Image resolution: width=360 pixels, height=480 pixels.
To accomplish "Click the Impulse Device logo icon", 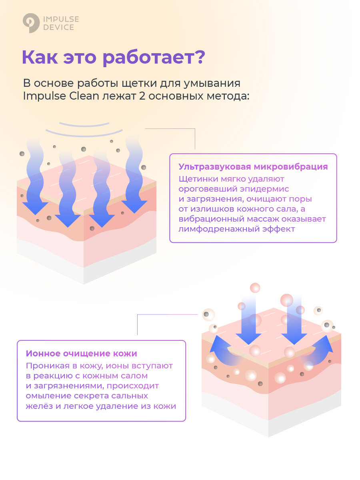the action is [x=30, y=23].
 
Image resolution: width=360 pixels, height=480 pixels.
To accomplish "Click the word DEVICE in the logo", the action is [x=58, y=28].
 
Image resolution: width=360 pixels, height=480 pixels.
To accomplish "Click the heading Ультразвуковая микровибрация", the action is [x=253, y=167].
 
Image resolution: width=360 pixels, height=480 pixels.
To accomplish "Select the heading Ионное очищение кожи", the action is [x=81, y=354].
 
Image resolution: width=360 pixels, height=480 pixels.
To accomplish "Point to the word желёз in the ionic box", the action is [x=37, y=406].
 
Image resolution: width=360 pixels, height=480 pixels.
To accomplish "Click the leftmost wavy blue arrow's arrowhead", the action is [x=35, y=207].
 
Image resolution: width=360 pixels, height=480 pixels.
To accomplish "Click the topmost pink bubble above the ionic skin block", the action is [x=255, y=288].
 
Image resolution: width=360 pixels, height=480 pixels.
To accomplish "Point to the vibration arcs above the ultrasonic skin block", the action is [x=84, y=128].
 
